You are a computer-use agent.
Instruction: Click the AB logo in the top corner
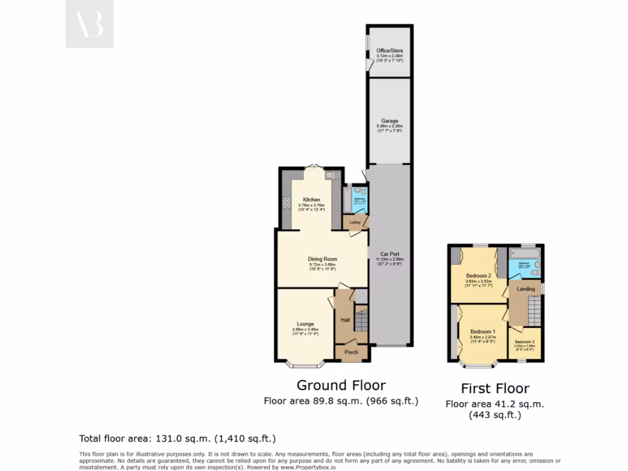90,24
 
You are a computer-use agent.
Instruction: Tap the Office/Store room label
389,50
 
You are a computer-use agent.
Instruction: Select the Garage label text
389,121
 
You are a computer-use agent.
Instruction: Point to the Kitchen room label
312,200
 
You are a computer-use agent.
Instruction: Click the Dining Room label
322,259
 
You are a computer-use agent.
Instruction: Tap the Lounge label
305,324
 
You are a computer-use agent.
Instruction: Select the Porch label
351,352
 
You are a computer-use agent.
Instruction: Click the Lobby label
355,222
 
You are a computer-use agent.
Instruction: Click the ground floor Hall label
345,320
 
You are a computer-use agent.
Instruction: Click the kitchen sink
330,175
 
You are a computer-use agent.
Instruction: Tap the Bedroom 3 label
524,342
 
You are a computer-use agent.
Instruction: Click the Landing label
526,289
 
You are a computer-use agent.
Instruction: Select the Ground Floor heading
341,385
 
